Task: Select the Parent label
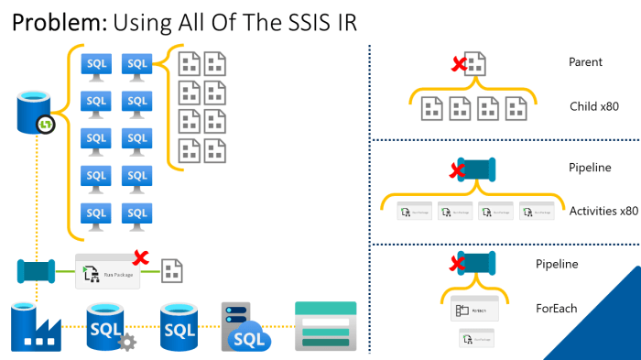pos(585,62)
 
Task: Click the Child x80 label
pos(594,105)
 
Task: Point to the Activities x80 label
pos(603,211)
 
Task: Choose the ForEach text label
pos(556,308)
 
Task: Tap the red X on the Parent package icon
pos(458,63)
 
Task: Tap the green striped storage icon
pos(325,326)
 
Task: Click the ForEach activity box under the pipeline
pos(474,310)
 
